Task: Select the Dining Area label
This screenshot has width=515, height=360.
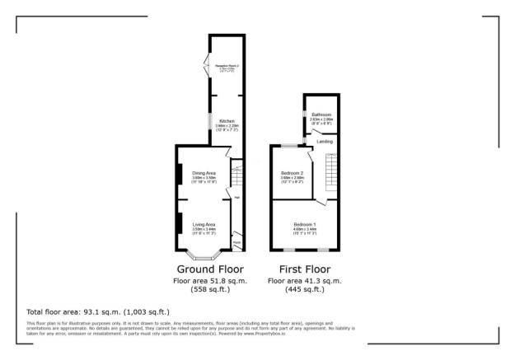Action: click(x=204, y=172)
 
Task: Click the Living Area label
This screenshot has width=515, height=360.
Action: click(x=204, y=224)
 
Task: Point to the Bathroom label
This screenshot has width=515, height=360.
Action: click(x=321, y=115)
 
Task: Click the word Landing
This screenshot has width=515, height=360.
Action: click(x=325, y=142)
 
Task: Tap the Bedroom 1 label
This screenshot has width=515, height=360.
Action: click(x=305, y=224)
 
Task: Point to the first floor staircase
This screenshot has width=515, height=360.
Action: click(x=332, y=173)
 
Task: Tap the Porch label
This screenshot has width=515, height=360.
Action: click(x=236, y=242)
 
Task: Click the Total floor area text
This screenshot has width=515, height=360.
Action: click(x=98, y=311)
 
